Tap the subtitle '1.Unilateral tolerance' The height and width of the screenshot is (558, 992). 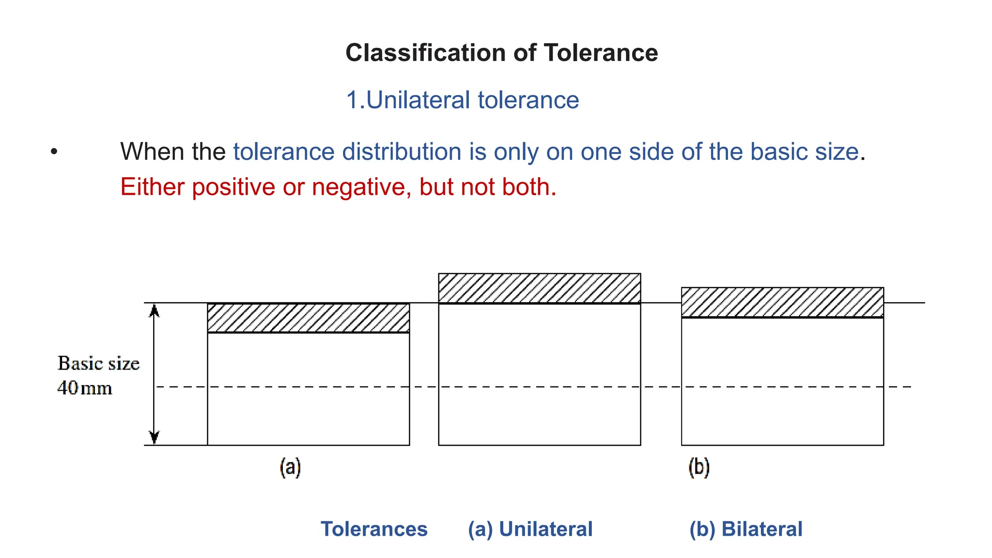tap(462, 100)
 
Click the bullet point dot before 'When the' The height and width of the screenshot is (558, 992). tap(54, 152)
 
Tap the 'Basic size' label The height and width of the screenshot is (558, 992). tap(98, 363)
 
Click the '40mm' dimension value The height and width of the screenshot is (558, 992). tap(85, 388)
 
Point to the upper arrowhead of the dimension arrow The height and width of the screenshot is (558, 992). tap(154, 310)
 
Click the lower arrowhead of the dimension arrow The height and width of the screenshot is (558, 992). tap(154, 437)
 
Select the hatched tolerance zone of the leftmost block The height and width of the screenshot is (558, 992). tap(308, 318)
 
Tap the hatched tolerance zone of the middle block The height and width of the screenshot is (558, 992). tap(539, 288)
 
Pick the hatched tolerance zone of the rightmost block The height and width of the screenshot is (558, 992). tap(782, 302)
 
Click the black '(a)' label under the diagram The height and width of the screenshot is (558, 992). tap(290, 467)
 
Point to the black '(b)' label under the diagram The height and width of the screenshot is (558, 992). tap(699, 467)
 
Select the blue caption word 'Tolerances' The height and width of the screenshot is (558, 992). tap(374, 529)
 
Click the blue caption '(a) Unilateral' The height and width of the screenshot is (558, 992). tap(530, 529)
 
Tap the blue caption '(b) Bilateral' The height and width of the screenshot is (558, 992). tap(745, 529)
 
